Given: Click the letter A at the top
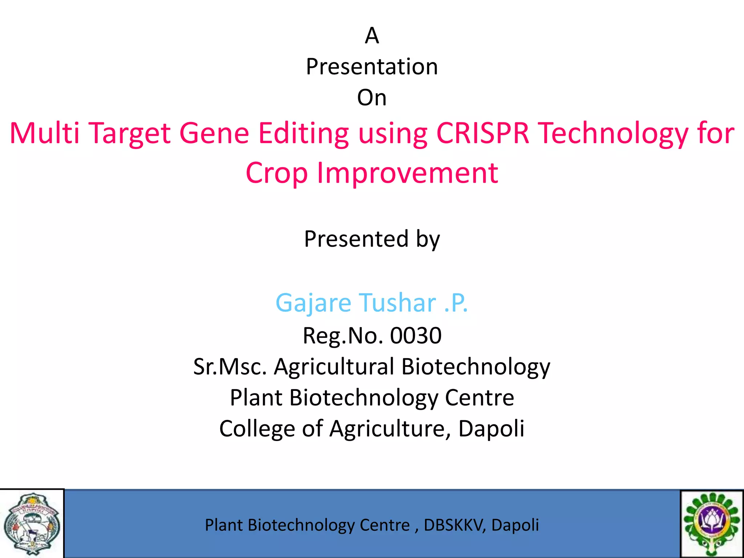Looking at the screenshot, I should coord(372,36).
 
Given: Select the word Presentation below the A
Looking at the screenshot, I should coord(372,67).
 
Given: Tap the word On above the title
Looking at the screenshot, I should coord(372,98).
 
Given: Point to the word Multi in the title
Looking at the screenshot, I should coord(44,133).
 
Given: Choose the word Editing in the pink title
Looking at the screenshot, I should coord(303,134).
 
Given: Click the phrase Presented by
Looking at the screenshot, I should coord(372,239).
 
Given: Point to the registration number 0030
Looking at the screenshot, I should coord(416,335).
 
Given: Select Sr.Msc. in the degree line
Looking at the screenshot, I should coord(230,367).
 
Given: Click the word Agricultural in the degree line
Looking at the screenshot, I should coord(334,367).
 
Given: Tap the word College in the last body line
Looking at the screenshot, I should coord(257,429).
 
